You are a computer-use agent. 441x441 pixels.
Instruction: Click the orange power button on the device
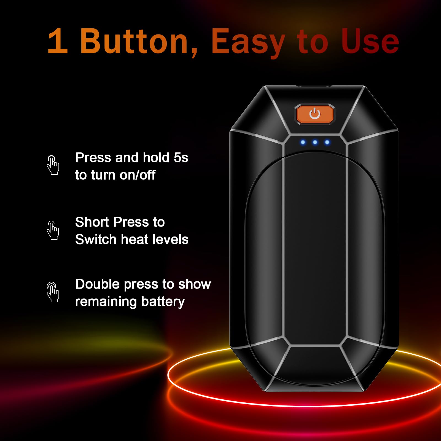tap(315, 114)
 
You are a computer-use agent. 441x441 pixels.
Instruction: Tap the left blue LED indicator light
tap(303, 142)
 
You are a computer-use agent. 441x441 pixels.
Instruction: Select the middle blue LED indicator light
tap(315, 142)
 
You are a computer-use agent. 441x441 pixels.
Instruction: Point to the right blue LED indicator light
tap(327, 142)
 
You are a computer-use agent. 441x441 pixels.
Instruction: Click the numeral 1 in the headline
tap(58, 41)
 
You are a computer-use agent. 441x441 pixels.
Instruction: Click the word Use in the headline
tap(370, 41)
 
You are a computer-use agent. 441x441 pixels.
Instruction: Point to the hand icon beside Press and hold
tap(53, 165)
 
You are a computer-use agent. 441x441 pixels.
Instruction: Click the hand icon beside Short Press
tap(53, 230)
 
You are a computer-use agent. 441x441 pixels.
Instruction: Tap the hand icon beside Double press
tap(53, 292)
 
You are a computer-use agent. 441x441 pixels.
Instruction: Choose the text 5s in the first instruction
tap(181, 158)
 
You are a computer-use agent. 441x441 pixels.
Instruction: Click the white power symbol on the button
tap(315, 114)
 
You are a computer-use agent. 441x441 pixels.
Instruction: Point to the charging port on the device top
tap(314, 86)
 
